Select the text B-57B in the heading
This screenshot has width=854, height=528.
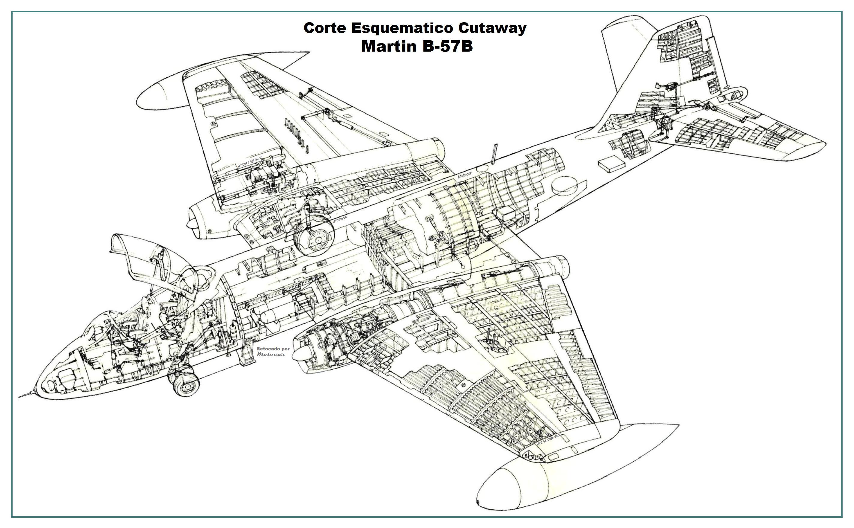click(448, 46)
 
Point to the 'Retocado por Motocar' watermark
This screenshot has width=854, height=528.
click(272, 351)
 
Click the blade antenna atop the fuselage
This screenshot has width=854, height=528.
click(494, 154)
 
